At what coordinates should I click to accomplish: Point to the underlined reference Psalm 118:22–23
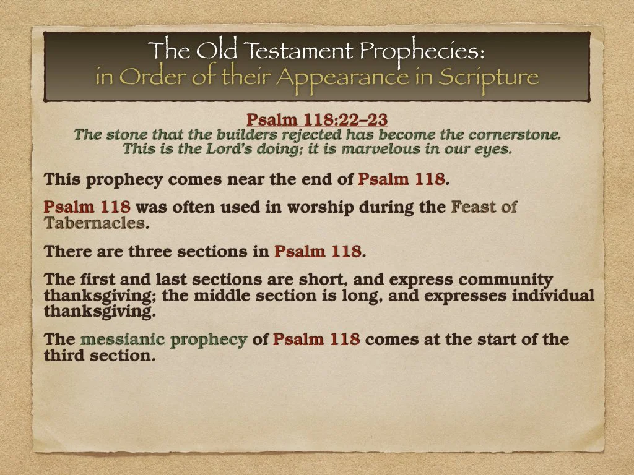[x=317, y=119]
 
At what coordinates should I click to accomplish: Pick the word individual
[x=550, y=295]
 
